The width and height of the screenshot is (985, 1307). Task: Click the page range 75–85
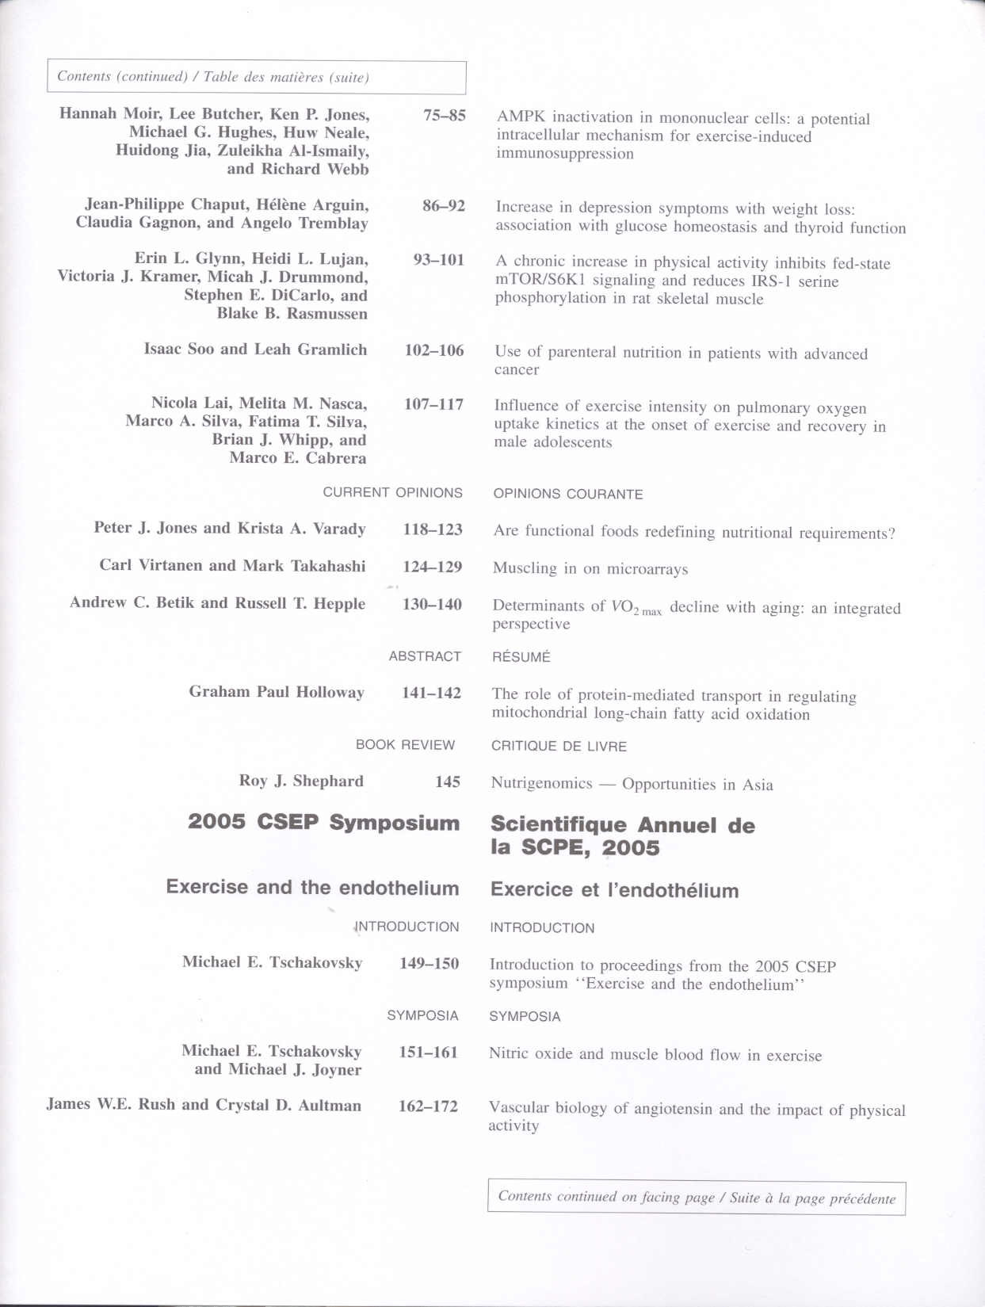click(x=444, y=115)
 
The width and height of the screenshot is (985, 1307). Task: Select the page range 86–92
click(x=443, y=206)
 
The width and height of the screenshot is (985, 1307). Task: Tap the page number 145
click(x=447, y=782)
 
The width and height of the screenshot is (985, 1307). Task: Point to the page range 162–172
click(x=428, y=1106)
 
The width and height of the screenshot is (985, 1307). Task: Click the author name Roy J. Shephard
click(x=301, y=781)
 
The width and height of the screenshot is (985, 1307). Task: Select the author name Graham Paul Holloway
click(x=277, y=692)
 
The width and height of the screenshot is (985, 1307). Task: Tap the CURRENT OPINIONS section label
click(x=392, y=492)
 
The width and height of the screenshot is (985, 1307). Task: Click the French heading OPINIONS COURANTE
click(x=567, y=494)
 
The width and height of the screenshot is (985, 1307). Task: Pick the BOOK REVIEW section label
click(x=405, y=745)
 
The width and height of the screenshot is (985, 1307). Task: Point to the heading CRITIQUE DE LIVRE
click(x=559, y=746)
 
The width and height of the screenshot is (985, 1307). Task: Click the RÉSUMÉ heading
click(x=521, y=657)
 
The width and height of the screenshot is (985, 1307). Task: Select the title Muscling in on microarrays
click(x=590, y=568)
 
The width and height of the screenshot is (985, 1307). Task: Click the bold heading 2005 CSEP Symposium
click(x=323, y=822)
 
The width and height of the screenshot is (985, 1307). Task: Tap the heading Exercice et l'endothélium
click(x=614, y=889)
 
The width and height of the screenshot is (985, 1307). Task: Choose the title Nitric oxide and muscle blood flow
click(x=655, y=1054)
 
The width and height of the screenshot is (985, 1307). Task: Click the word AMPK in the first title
click(x=521, y=117)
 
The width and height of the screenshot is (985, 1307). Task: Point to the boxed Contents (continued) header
click(x=256, y=77)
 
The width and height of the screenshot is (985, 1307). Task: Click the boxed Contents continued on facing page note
click(x=696, y=1197)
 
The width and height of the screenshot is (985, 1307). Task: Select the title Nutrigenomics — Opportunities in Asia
click(x=632, y=784)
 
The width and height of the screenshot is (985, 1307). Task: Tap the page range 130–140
click(x=432, y=604)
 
